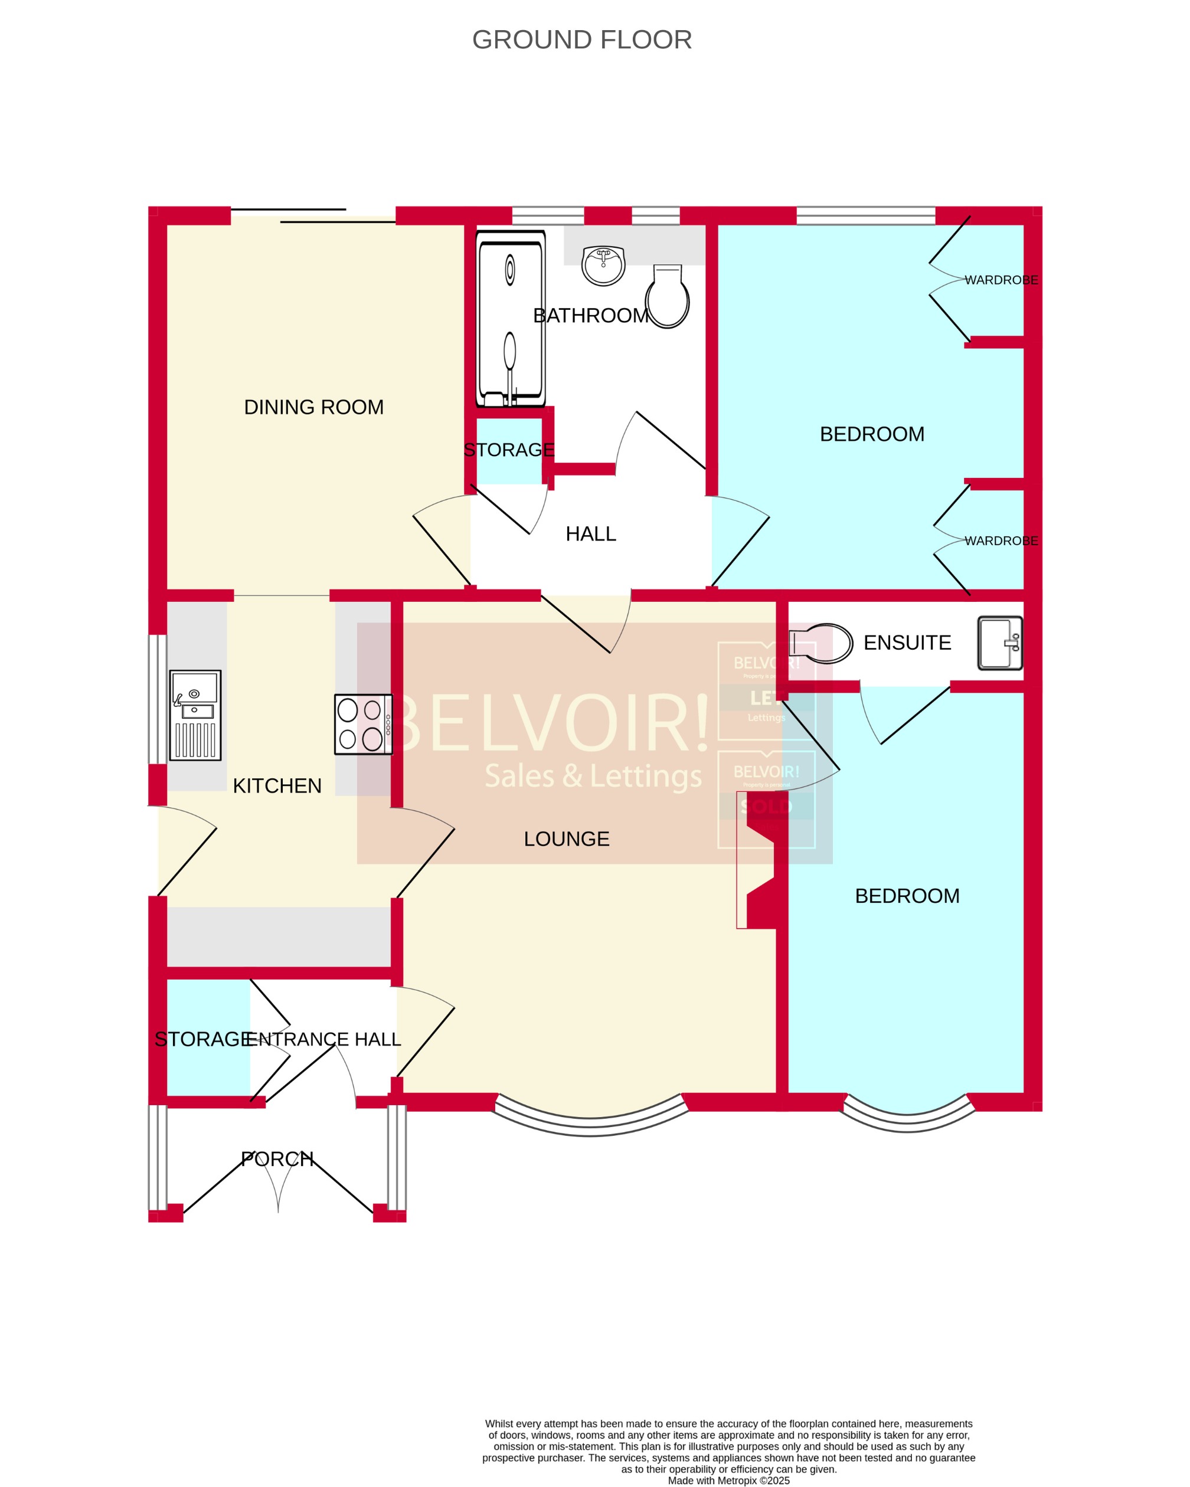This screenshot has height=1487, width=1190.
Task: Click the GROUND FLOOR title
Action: click(x=581, y=40)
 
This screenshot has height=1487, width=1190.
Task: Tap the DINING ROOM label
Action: click(x=314, y=407)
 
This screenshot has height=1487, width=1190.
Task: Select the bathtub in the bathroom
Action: click(x=511, y=319)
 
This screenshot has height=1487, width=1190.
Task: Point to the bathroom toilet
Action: click(x=667, y=297)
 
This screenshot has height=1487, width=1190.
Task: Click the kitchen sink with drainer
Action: click(x=195, y=715)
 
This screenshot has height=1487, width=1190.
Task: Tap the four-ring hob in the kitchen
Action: click(x=363, y=724)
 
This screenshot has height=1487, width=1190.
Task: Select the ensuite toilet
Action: click(x=819, y=643)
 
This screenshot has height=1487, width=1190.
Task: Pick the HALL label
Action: click(x=590, y=534)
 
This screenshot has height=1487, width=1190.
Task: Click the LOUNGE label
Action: click(x=566, y=839)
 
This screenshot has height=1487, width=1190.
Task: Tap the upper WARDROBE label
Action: click(x=1001, y=280)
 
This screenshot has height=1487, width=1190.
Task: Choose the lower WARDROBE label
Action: click(x=1001, y=541)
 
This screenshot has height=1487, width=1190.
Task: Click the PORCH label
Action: click(x=277, y=1159)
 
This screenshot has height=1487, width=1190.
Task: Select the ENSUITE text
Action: click(x=907, y=642)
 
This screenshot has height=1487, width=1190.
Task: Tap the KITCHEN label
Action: click(x=277, y=785)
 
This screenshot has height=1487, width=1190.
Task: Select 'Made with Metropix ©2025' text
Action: click(x=728, y=1480)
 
